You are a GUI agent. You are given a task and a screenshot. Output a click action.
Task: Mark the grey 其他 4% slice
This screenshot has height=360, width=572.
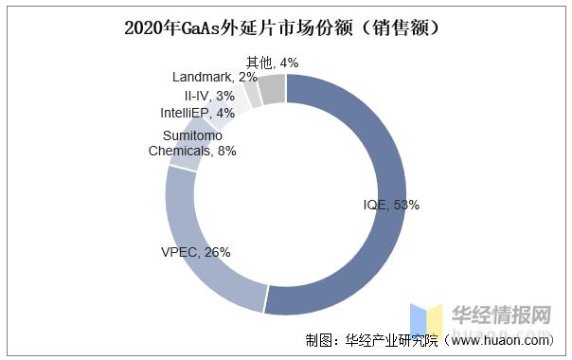273,89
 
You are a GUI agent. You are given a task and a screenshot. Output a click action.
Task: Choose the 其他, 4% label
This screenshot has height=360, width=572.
272,63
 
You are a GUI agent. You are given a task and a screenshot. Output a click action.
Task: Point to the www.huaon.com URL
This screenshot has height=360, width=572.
505,340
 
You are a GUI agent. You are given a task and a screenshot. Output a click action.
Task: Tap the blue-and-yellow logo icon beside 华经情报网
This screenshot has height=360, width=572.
426,319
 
